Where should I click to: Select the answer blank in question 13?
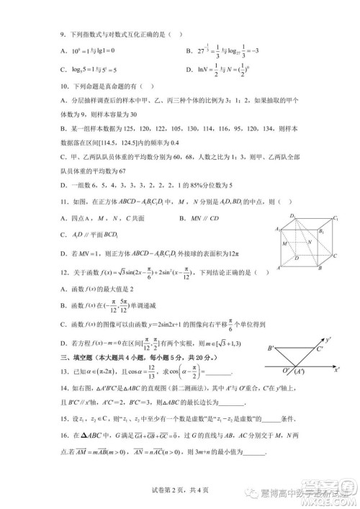(220, 371)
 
